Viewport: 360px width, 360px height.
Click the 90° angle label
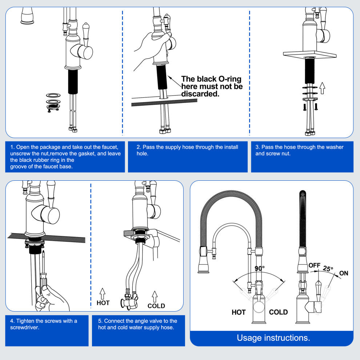(x=260, y=268)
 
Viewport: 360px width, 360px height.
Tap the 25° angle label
(x=328, y=269)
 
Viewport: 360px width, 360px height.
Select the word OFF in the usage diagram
(x=315, y=265)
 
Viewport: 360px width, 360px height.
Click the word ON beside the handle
(x=344, y=273)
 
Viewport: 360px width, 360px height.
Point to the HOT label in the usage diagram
(x=239, y=312)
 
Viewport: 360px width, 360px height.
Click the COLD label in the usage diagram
(x=278, y=312)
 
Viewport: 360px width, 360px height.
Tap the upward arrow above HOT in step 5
(x=103, y=293)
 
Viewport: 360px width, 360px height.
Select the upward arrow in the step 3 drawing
(x=322, y=88)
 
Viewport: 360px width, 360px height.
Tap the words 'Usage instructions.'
(x=273, y=338)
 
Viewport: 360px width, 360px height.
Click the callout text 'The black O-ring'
(x=211, y=79)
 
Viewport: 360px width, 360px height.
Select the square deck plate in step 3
(x=309, y=55)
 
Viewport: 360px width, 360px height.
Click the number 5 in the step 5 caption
(x=100, y=321)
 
